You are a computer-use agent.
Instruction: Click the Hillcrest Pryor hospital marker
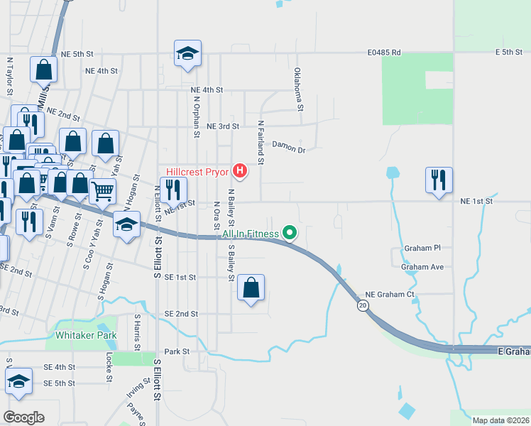tap(241, 171)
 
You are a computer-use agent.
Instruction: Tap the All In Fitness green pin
tap(290, 232)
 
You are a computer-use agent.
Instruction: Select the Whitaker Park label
tap(83, 334)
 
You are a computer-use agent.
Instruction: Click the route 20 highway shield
tap(363, 305)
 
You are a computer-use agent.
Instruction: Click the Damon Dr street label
tap(288, 150)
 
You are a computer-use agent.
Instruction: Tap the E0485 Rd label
tap(385, 53)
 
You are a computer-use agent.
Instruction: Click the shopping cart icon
tap(103, 190)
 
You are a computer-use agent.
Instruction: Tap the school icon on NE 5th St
tap(188, 53)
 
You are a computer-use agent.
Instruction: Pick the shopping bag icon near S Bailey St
tap(251, 288)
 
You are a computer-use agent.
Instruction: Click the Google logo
tap(23, 417)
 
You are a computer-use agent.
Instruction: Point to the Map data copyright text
tap(501, 420)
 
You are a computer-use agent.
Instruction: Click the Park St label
tap(177, 351)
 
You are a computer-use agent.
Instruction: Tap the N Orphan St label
tap(196, 114)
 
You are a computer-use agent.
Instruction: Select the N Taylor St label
tap(10, 77)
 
